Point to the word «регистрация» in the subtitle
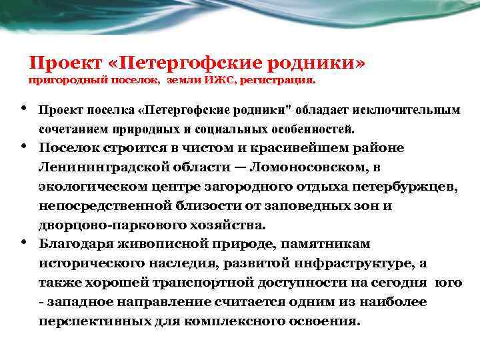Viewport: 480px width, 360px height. point(283,81)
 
